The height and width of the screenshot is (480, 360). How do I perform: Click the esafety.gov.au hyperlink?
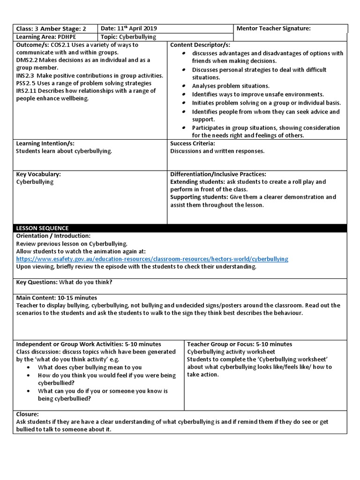pos(152,259)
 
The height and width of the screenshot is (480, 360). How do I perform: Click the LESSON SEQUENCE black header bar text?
pos(42,228)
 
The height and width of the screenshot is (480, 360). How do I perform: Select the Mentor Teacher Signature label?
pos(274,29)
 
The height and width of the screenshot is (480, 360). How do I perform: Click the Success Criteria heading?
pos(193,143)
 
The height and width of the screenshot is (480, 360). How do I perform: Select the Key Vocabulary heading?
pos(38,174)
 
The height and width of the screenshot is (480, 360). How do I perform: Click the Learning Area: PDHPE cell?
pos(43,37)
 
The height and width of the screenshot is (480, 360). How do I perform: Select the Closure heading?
pos(28,414)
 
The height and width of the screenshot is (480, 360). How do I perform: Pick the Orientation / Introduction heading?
pos(53,236)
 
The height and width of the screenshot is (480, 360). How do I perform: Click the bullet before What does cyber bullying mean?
pos(30,367)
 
